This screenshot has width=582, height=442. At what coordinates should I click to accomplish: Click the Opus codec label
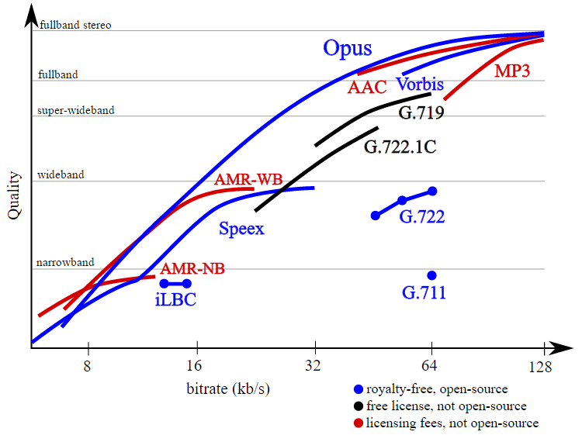(347, 49)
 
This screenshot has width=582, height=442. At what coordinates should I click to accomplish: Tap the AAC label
(366, 86)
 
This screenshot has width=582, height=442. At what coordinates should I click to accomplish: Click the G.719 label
(421, 113)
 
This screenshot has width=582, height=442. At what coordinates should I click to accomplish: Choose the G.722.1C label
(399, 147)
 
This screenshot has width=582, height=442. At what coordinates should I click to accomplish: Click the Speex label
(241, 229)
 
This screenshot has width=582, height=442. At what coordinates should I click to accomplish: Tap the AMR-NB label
(192, 269)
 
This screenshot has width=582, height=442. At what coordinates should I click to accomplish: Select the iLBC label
(175, 299)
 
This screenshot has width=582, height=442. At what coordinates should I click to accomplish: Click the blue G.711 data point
(431, 275)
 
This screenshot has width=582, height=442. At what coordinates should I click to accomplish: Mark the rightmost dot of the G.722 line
(432, 191)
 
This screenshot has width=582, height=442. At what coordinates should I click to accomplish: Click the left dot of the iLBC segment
(164, 284)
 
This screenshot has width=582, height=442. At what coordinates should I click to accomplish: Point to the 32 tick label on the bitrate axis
(315, 366)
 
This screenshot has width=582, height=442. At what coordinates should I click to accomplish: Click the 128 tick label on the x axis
(540, 366)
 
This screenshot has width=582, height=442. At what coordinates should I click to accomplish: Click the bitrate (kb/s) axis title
(228, 388)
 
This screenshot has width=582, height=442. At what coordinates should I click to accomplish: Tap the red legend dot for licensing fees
(358, 423)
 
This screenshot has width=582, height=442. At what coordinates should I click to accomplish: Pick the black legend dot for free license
(358, 406)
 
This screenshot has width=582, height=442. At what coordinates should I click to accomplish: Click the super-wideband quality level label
(76, 110)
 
